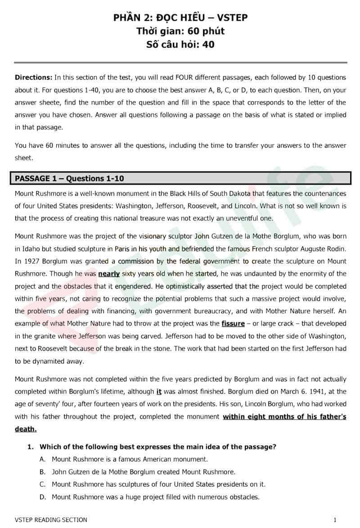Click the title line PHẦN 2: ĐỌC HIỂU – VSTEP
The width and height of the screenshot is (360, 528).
(x=180, y=18)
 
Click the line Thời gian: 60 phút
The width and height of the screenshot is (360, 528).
(x=180, y=31)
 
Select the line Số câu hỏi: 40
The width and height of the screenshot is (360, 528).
(x=180, y=44)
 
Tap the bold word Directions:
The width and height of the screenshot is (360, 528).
(x=33, y=77)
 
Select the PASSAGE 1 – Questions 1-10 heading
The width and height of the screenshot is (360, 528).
(x=69, y=178)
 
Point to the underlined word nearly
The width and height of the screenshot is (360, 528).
(x=109, y=274)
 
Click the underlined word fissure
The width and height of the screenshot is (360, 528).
(x=233, y=323)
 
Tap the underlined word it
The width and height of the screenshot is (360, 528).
(x=159, y=392)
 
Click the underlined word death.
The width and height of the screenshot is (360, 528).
(x=25, y=429)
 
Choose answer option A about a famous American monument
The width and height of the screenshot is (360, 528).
(x=130, y=459)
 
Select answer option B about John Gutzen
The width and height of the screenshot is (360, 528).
(x=143, y=472)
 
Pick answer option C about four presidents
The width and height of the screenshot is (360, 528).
(x=158, y=484)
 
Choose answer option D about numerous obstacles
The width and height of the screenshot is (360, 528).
(x=155, y=497)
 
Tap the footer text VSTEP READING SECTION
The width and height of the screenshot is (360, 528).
(x=51, y=520)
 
